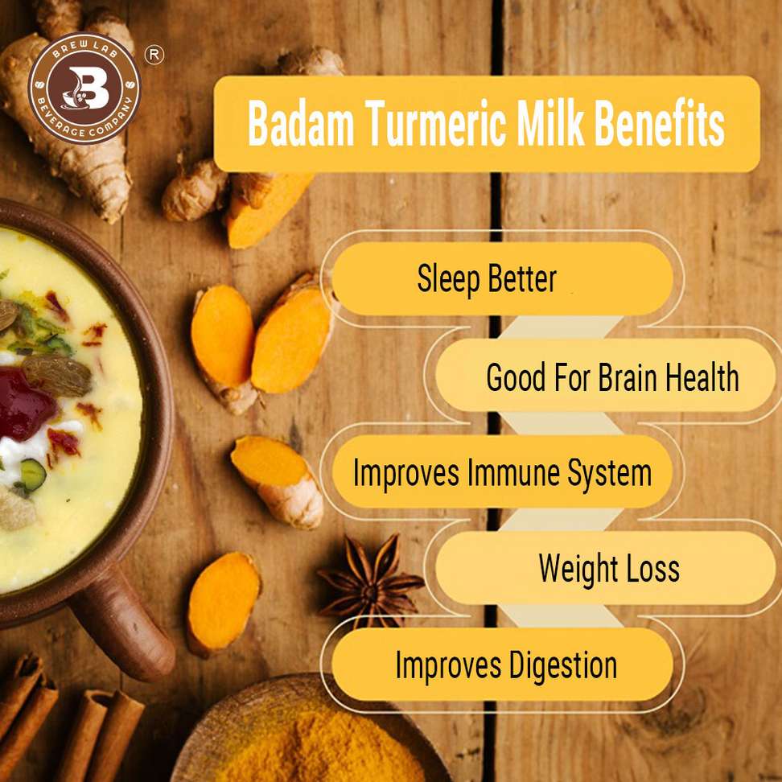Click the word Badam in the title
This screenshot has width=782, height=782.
tap(301, 123)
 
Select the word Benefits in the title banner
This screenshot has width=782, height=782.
tap(660, 123)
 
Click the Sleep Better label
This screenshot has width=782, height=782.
tap(487, 278)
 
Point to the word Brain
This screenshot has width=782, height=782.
tap(628, 377)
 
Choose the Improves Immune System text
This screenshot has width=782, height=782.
tap(502, 472)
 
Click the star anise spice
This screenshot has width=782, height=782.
tap(372, 581)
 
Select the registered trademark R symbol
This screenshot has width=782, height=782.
tap(154, 55)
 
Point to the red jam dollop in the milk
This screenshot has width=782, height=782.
tap(25, 404)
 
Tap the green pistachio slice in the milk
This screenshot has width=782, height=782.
tap(33, 475)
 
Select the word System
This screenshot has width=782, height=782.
tap(610, 474)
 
